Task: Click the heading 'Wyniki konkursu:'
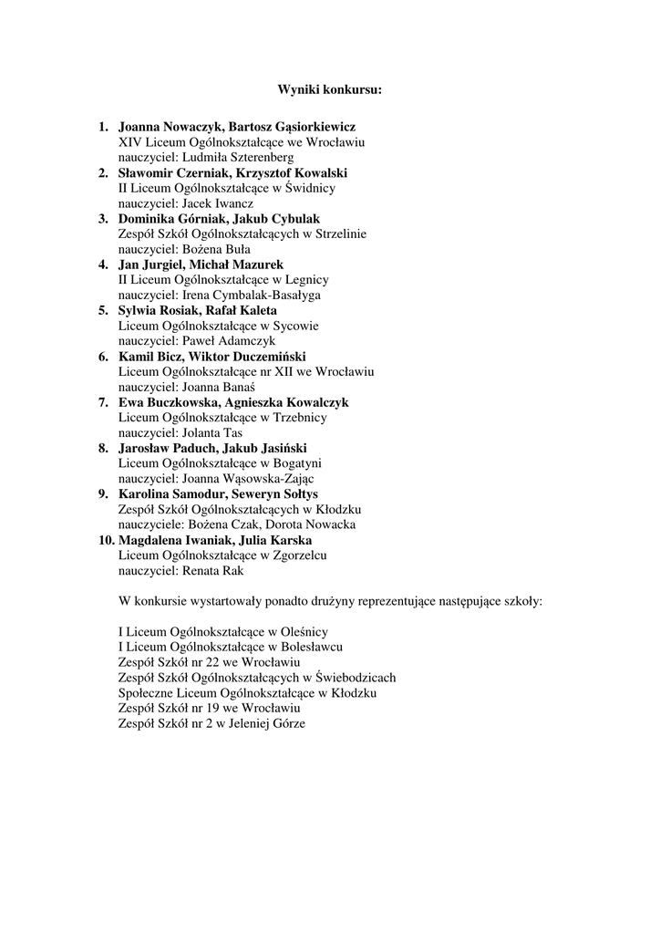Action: [330, 90]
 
